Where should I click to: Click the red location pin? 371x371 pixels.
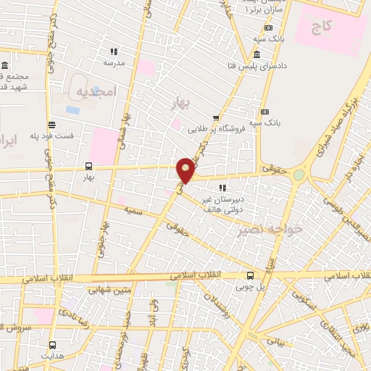186,169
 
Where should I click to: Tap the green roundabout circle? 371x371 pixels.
299,175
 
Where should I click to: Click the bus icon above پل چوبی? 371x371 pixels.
250,275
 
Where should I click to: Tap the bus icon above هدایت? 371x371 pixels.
52,345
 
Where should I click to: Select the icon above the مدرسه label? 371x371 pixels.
114,51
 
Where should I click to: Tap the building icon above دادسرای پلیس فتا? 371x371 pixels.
257,55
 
